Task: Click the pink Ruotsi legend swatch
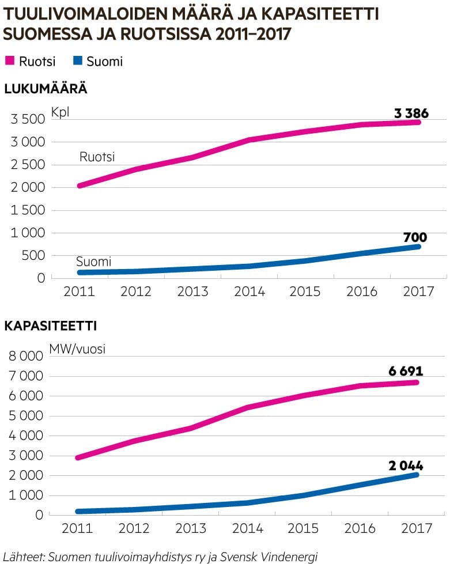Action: [10, 61]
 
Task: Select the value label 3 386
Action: [411, 113]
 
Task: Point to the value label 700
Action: [415, 237]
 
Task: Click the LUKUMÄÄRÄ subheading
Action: [46, 89]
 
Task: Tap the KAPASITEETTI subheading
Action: [50, 326]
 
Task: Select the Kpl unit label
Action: [60, 112]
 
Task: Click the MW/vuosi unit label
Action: [77, 349]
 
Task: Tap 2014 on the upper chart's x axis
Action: [250, 292]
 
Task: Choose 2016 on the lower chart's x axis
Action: [362, 529]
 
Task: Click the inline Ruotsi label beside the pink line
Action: [97, 157]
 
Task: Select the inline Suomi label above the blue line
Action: [93, 262]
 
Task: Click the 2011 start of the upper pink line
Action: [80, 186]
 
